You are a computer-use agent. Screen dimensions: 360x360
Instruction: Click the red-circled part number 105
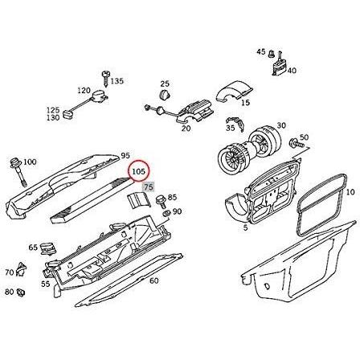[138, 171]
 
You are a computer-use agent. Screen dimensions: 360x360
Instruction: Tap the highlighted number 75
[149, 187]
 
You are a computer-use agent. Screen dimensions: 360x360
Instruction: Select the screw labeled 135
[105, 79]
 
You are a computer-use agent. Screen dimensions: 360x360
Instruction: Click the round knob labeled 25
[164, 95]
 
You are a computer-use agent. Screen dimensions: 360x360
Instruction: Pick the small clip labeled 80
[21, 292]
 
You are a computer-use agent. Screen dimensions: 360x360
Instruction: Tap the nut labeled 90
[167, 214]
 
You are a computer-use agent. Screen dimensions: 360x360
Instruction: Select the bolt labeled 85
[162, 201]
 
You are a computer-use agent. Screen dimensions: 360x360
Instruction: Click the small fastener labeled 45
[271, 53]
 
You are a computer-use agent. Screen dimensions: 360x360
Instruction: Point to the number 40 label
[292, 71]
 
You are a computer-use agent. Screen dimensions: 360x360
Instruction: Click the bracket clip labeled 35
[235, 123]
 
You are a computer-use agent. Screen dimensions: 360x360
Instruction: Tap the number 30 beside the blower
[281, 125]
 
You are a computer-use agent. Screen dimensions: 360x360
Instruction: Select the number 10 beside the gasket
[350, 192]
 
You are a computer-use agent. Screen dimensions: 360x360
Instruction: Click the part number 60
[154, 281]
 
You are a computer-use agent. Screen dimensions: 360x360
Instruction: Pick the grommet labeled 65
[47, 249]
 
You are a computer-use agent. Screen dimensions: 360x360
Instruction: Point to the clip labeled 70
[21, 270]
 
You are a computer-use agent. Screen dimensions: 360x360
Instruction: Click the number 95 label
[125, 155]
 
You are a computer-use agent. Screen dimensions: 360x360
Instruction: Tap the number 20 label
[186, 129]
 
